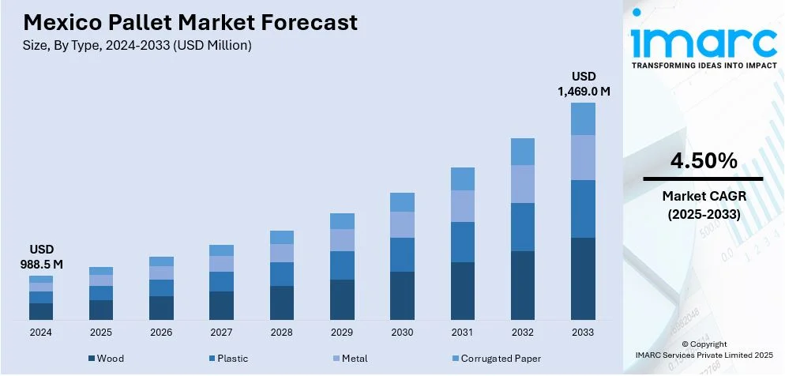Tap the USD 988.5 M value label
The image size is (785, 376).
pos(40,257)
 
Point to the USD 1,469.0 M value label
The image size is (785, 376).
pos(584,84)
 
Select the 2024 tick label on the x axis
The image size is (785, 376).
pos(40,333)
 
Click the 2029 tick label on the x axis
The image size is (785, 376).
pos(342,333)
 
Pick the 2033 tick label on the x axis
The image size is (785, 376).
pos(583,333)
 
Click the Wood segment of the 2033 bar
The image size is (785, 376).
pos(583,278)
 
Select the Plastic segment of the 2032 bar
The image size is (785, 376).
pos(523,227)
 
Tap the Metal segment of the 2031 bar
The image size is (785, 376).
pos(463,205)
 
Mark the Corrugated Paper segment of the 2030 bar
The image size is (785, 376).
pos(402,202)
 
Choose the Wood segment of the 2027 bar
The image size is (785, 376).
pos(221,305)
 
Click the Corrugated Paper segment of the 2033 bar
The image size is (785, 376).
pos(583,118)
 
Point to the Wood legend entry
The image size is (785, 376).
pos(105,359)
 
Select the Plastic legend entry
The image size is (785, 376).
pos(227,359)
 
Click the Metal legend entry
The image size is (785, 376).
pos(347,359)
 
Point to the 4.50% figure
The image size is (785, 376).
pos(704,162)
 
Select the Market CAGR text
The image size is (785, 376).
pos(704,196)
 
